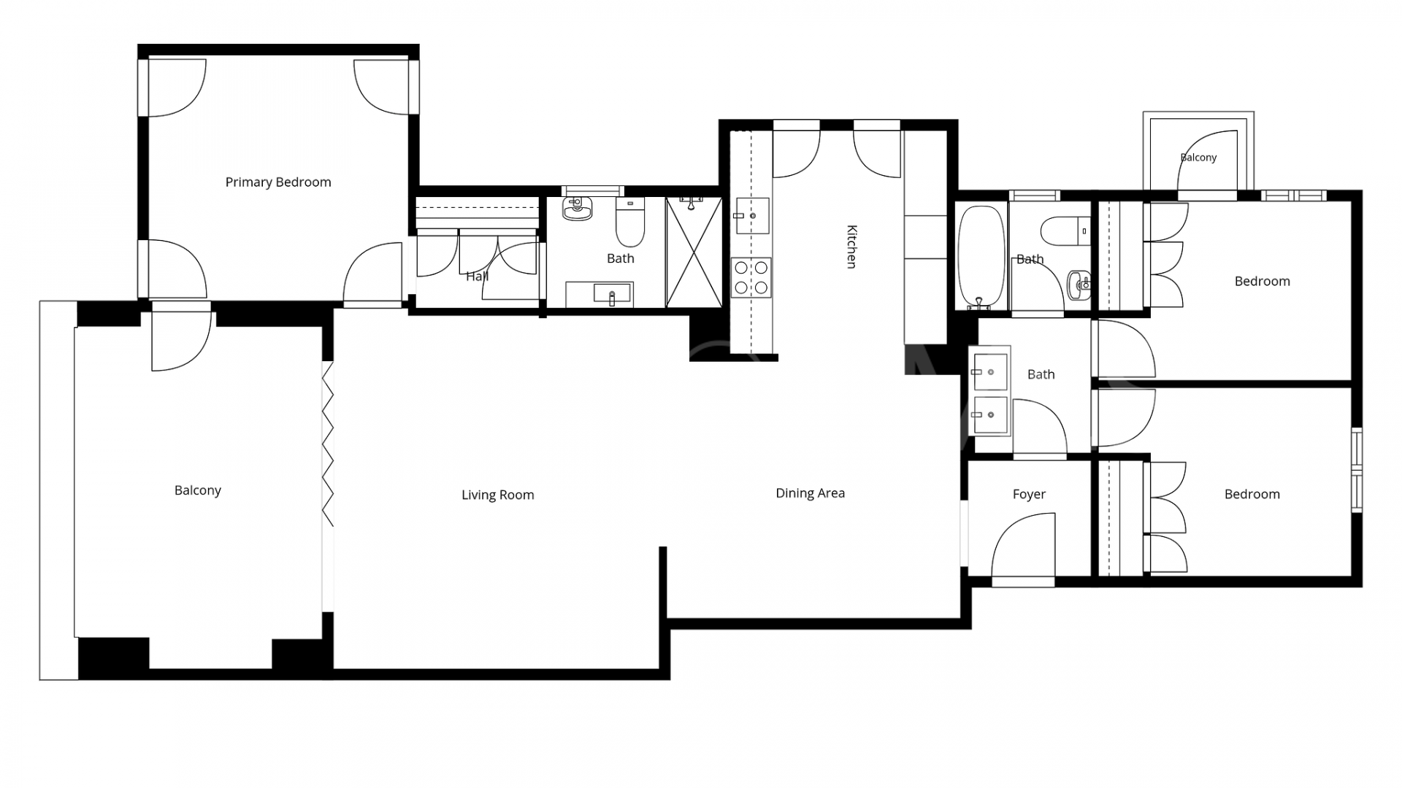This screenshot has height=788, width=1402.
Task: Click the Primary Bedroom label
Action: pyautogui.click(x=278, y=182)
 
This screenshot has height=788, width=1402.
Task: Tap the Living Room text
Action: pyautogui.click(x=497, y=495)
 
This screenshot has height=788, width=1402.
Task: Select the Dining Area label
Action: pyautogui.click(x=810, y=493)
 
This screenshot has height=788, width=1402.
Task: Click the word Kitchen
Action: pyautogui.click(x=851, y=247)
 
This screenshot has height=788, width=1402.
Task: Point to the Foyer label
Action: pyautogui.click(x=1029, y=495)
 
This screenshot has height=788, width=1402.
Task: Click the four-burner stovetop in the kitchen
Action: pyautogui.click(x=751, y=277)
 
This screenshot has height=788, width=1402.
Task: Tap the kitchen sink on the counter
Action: pyautogui.click(x=752, y=215)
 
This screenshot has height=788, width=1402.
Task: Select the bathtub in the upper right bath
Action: pyautogui.click(x=981, y=256)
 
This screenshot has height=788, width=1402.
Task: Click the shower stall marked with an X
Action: pyautogui.click(x=694, y=252)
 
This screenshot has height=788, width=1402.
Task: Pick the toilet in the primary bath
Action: pyautogui.click(x=630, y=223)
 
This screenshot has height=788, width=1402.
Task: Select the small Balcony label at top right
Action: pyautogui.click(x=1198, y=158)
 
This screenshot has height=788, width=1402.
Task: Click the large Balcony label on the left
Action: pyautogui.click(x=197, y=491)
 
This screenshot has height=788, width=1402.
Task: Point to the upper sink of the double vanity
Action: pyautogui.click(x=990, y=372)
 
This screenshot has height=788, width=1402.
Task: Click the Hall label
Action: pyautogui.click(x=477, y=277)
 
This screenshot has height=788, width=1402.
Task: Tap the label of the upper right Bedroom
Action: pyautogui.click(x=1262, y=282)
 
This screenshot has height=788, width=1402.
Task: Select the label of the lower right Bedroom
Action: pyautogui.click(x=1252, y=495)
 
